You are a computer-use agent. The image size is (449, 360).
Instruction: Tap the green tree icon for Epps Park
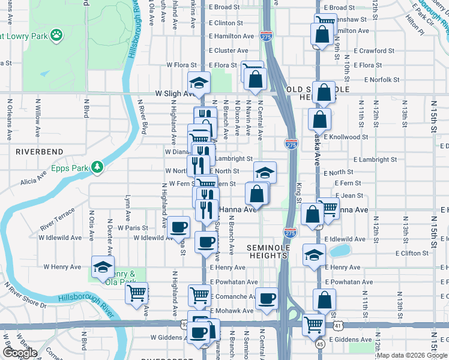97,167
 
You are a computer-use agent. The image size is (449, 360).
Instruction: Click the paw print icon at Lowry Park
56,35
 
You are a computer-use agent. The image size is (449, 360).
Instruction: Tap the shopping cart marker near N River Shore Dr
137,293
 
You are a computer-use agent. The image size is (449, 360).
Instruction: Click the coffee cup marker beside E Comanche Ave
267,298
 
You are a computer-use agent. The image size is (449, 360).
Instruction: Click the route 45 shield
321,344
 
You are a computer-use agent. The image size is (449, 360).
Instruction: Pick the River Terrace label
58,220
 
